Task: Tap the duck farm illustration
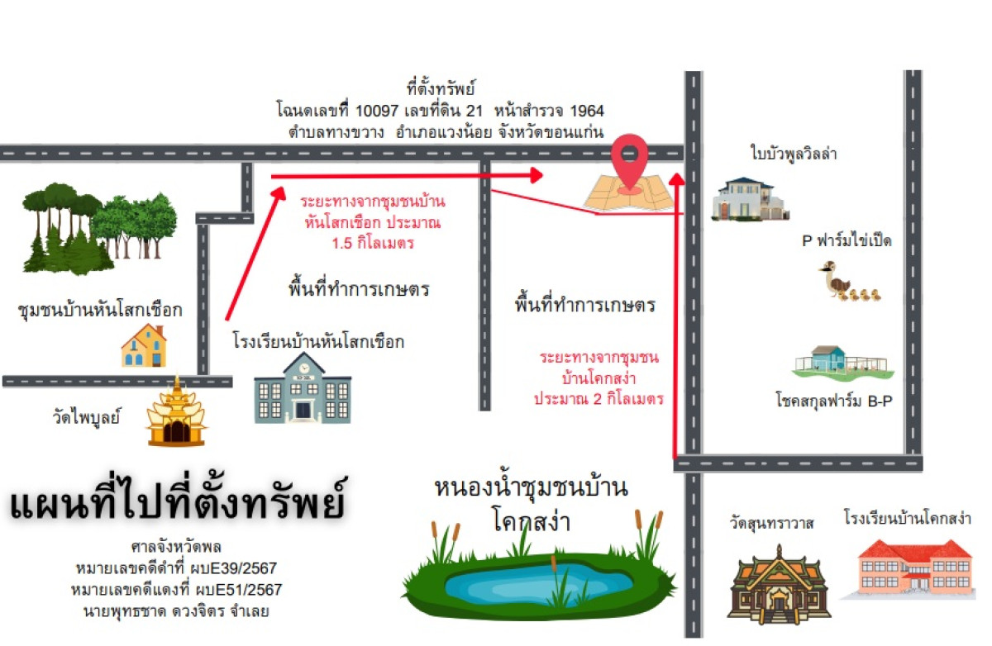pos(848,282)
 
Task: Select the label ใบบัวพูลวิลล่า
pos(794,154)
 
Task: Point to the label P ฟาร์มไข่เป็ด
pos(847,241)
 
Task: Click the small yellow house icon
pos(144,346)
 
